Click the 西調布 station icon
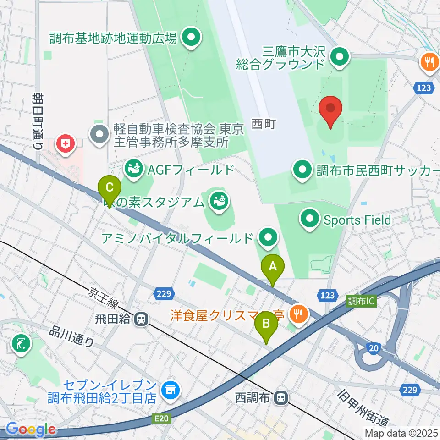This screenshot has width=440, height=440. tap(280, 397)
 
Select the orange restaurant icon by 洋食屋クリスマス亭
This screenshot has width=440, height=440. tap(299, 314)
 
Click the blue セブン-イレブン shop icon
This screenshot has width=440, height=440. tap(170, 390)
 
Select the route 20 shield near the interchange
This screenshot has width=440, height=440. tap(374, 349)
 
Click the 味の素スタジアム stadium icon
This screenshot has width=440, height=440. tap(219, 200)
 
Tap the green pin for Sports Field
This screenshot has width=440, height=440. tap(310, 219)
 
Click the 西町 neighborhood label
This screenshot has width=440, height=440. tap(263, 124)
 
